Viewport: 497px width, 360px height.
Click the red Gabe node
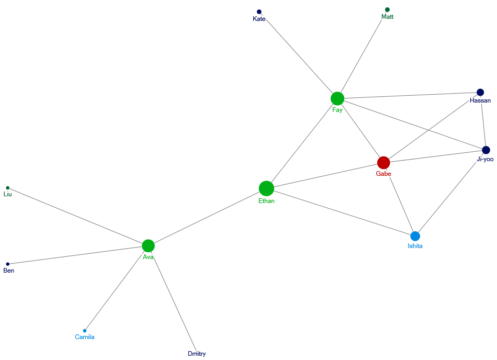point(383,163)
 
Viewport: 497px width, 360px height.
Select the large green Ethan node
point(266,188)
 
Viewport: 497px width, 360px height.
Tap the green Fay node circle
point(337,98)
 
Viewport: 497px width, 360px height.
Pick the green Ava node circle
point(148,246)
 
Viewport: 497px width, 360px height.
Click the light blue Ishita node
point(415,236)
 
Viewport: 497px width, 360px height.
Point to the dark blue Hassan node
point(480,93)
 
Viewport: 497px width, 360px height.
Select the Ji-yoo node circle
point(486,150)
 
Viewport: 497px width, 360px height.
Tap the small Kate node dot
point(259,12)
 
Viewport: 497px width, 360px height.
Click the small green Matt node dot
point(387,9)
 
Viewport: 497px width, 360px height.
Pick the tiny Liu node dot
point(8,188)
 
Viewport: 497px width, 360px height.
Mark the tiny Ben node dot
point(8,264)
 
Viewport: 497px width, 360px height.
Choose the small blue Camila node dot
point(85,331)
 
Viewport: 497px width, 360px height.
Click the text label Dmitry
point(197,354)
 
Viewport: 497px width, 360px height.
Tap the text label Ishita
point(415,246)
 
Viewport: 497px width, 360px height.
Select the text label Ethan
point(266,201)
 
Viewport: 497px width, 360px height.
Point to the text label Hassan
point(480,100)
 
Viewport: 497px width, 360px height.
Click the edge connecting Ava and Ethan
point(207,217)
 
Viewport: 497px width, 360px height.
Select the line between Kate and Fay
point(298,55)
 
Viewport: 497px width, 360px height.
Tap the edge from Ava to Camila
point(116,288)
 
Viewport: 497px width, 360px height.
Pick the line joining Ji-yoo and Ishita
point(450,193)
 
